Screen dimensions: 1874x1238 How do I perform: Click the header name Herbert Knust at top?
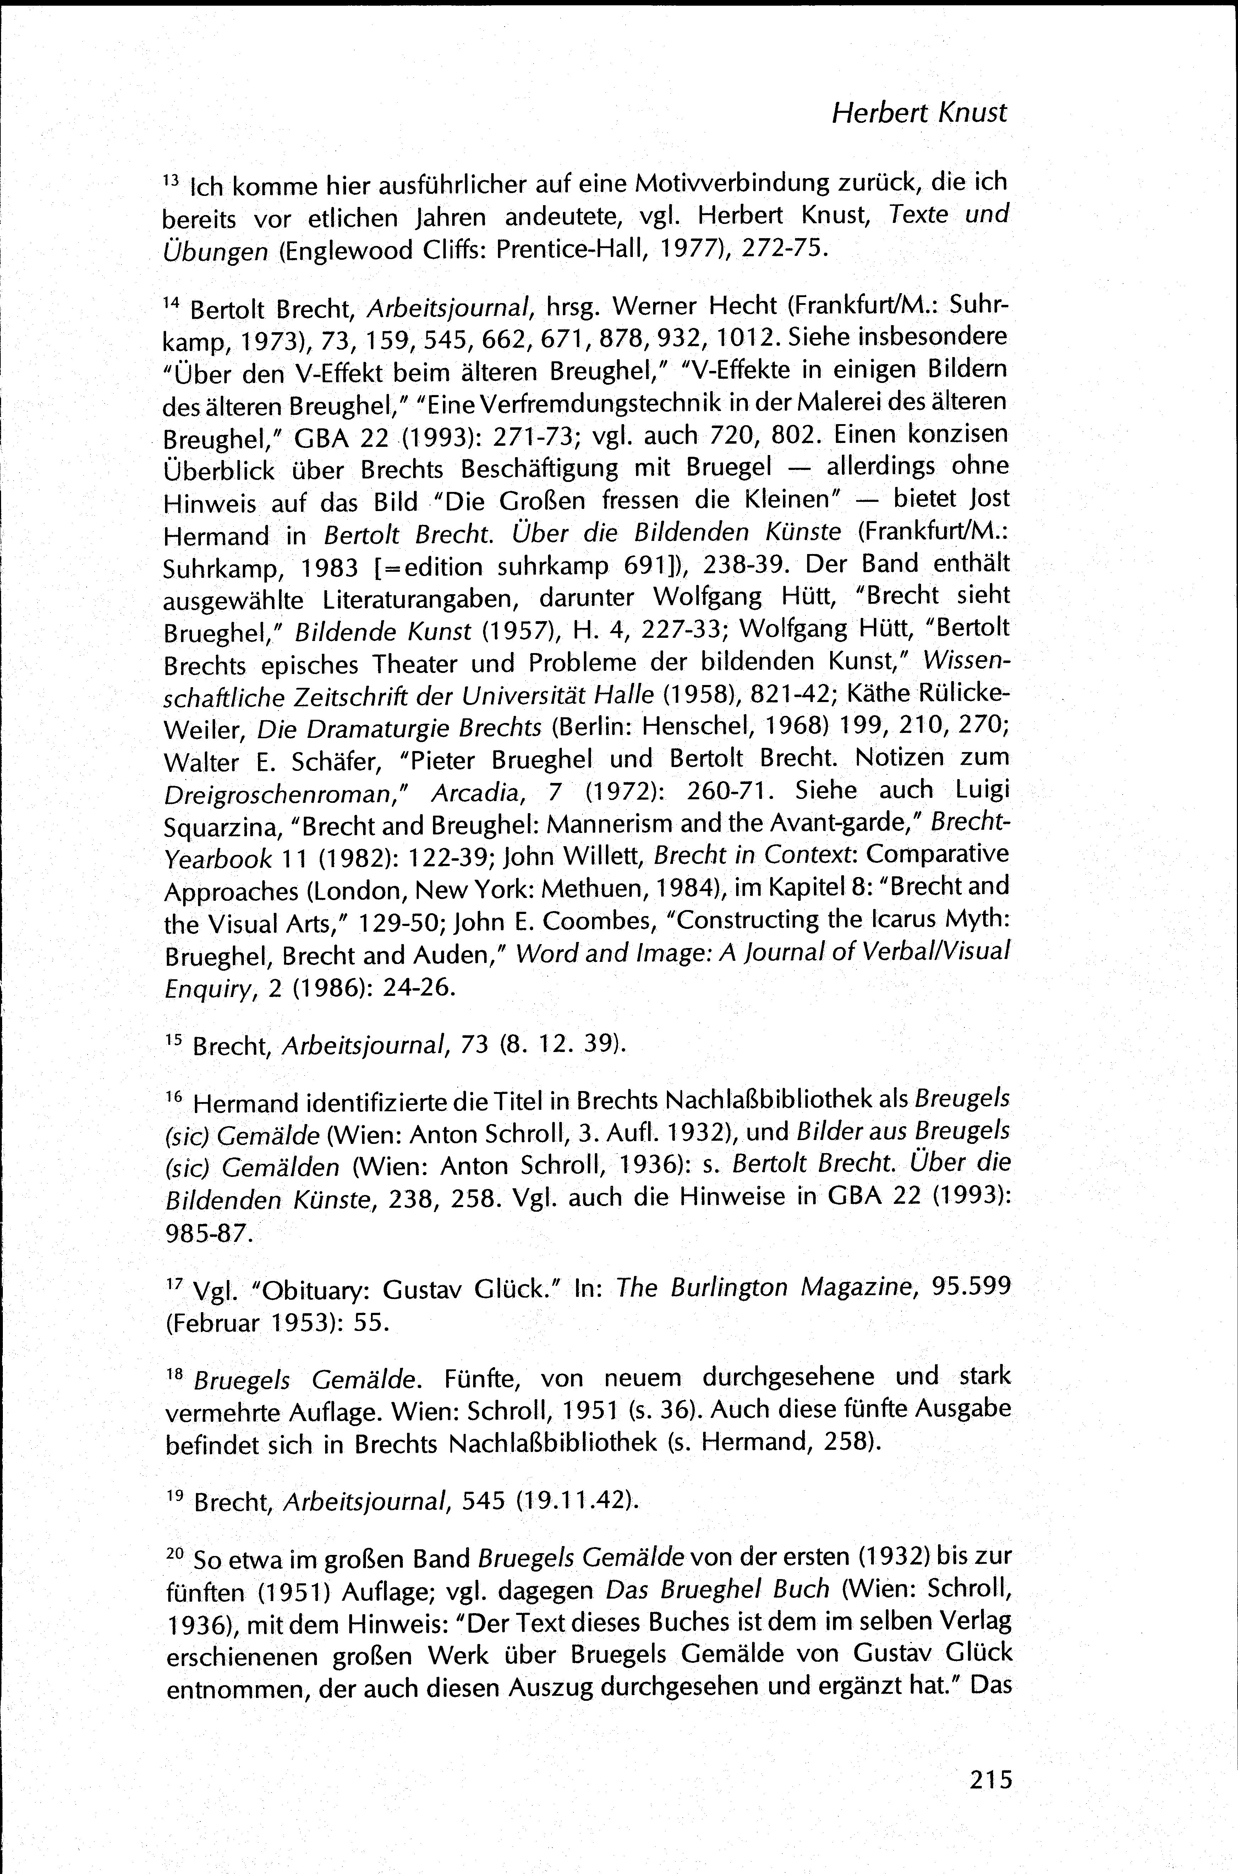(919, 113)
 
